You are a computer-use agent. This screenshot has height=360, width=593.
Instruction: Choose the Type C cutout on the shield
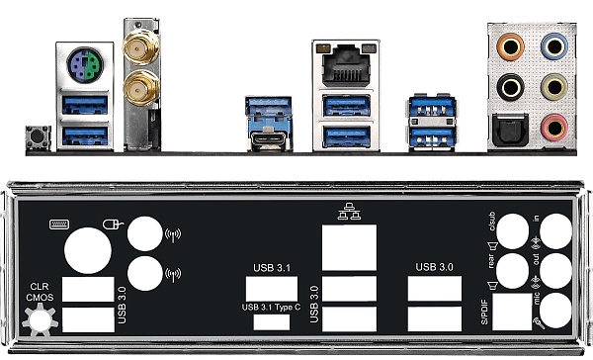pos(271,323)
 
